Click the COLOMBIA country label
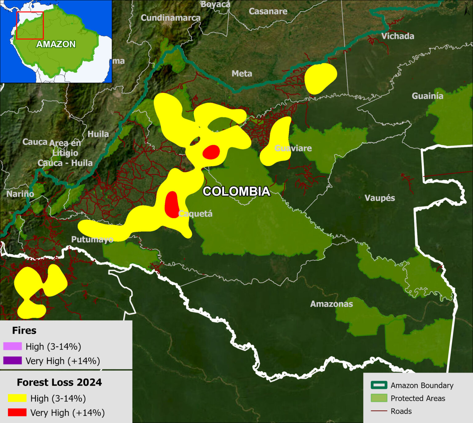pos(236,191)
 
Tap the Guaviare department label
pos(293,148)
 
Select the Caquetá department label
pos(196,213)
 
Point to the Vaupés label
pos(380,198)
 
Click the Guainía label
pos(427,96)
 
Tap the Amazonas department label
pos(331,304)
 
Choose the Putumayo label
pos(92,239)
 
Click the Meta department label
pos(242,74)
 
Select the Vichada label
pos(398,36)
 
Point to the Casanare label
pos(268,11)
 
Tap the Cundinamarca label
pos(171,18)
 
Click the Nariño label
pos(20,194)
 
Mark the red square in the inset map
pos(30,26)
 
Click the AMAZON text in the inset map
pos(56,44)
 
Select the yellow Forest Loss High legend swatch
pos(17,398)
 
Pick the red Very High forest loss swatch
pos(17,412)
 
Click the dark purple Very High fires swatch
pos(12,360)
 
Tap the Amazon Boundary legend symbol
pos(379,385)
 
